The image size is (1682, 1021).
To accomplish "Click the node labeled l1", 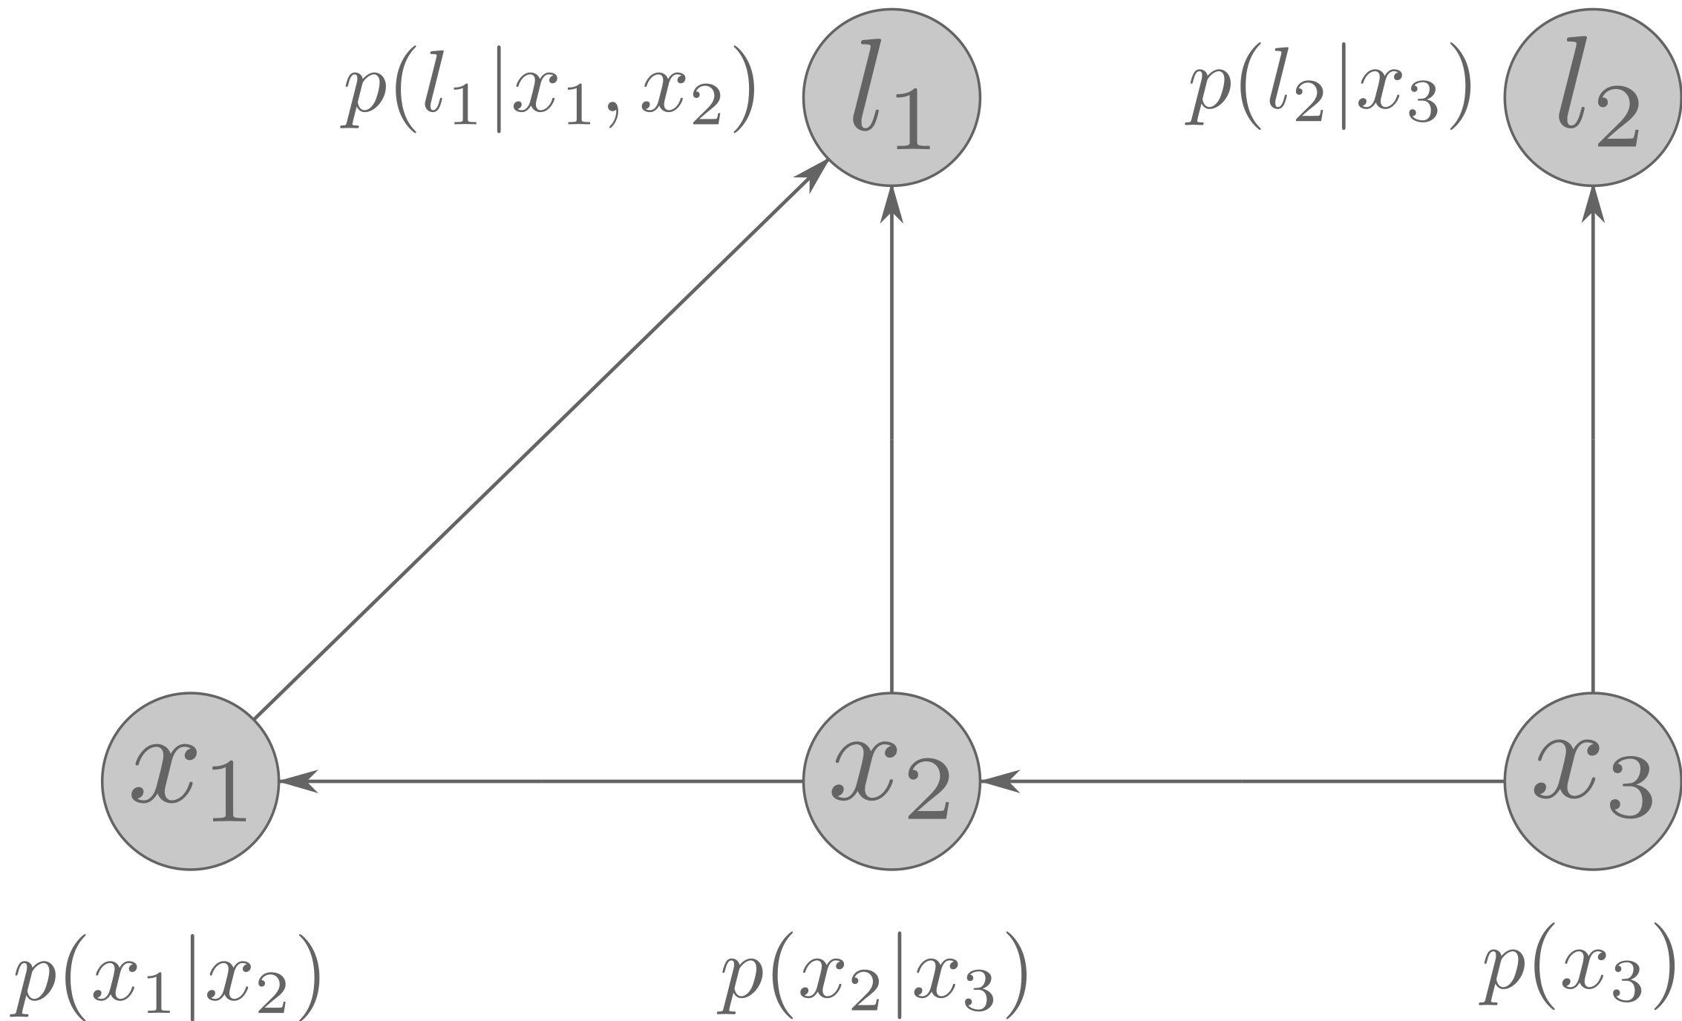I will [x=891, y=96].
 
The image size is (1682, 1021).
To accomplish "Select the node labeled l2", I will [x=1592, y=96].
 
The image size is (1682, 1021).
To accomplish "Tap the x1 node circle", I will [x=190, y=781].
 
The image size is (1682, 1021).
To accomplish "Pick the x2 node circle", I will [x=891, y=781].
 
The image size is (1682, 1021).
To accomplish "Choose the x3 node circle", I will [x=1592, y=781].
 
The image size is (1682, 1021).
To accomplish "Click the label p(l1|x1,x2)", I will [x=548, y=100].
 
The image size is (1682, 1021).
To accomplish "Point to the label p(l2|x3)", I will [x=1327, y=100].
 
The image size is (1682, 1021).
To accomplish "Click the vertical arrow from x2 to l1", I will [x=891, y=445].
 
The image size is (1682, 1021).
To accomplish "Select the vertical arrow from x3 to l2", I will [x=1592, y=445].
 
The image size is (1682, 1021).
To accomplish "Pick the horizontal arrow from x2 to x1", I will [x=542, y=781].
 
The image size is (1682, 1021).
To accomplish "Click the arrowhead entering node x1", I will [x=297, y=781].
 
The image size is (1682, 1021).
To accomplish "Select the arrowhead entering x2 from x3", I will [x=998, y=781].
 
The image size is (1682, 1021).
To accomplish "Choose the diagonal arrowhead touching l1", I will [x=813, y=174].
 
